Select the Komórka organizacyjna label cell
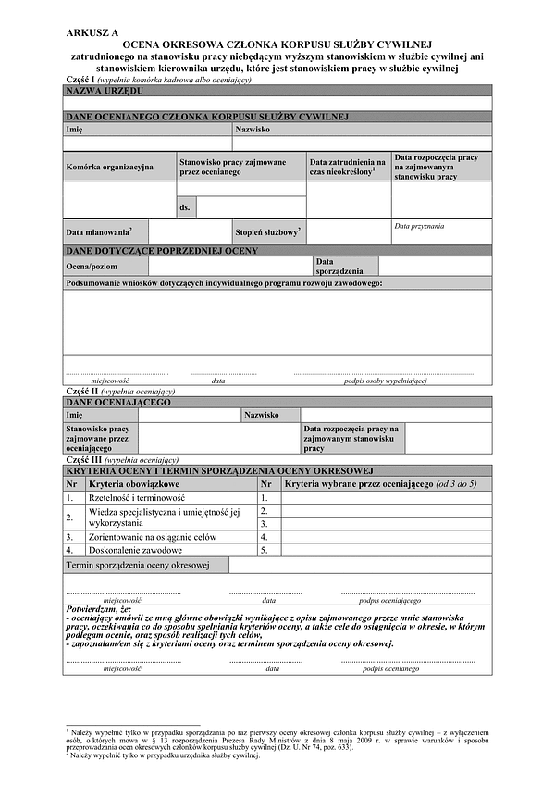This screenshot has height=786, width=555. tap(109, 167)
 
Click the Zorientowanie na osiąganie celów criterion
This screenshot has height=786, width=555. tap(153, 536)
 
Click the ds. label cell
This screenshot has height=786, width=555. tap(185, 207)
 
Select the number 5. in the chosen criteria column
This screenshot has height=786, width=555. tap(265, 549)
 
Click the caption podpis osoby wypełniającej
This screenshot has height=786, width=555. tap(383, 381)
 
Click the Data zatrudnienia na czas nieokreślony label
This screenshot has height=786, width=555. tap(348, 167)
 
